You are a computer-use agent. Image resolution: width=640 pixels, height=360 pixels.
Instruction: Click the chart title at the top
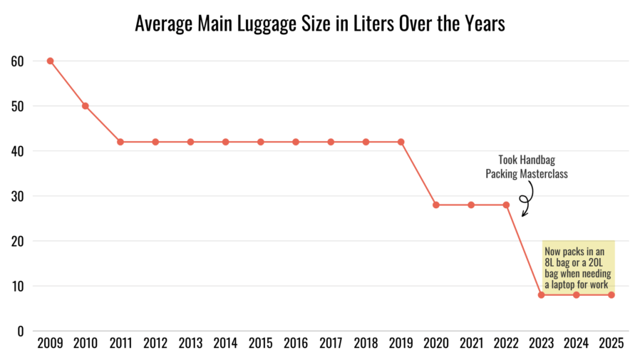320,24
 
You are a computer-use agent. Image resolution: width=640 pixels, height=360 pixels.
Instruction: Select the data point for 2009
51,61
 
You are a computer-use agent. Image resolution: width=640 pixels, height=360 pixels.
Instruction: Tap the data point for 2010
86,106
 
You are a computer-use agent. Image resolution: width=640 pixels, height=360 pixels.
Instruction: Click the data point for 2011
120,142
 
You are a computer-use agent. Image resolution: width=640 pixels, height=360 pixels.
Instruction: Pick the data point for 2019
401,142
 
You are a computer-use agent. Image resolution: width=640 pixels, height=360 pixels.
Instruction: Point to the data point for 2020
436,205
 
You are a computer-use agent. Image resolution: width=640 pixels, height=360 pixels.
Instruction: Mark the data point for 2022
506,205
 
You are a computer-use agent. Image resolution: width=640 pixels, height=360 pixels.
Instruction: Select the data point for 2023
542,294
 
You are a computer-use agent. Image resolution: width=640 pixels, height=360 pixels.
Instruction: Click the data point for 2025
611,294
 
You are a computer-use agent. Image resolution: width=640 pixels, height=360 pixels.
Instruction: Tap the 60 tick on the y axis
17,61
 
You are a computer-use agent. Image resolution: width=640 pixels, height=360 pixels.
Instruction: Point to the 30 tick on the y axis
17,196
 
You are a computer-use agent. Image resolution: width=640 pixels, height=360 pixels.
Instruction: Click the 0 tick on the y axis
21,331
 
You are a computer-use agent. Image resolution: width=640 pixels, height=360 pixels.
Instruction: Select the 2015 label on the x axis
261,344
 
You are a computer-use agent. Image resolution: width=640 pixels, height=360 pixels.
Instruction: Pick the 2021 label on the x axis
471,344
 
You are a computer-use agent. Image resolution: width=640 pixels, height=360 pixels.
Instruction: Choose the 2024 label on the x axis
577,344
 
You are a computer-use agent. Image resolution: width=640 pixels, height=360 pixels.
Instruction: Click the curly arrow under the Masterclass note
526,197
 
